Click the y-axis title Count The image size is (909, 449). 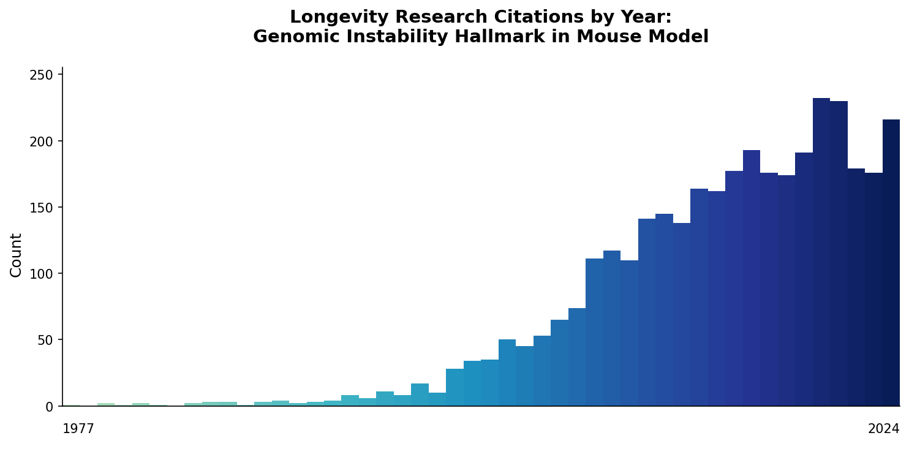[x=17, y=255]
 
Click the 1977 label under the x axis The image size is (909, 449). [x=78, y=429]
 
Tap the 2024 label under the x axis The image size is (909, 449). [x=883, y=429]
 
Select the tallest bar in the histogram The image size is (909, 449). [x=821, y=251]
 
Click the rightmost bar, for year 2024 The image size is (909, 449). [x=891, y=263]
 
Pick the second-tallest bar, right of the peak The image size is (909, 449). [x=839, y=254]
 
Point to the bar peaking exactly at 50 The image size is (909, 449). [x=507, y=372]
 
